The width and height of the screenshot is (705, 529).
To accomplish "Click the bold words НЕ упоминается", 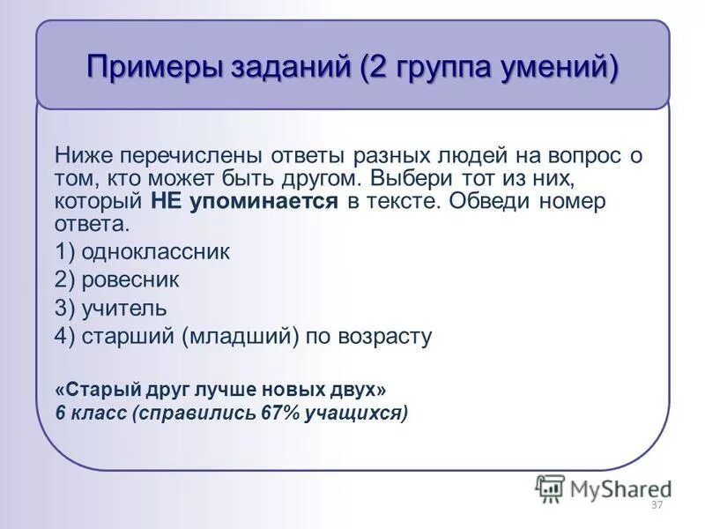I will [244, 201].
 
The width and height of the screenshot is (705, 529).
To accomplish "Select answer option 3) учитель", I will [110, 309].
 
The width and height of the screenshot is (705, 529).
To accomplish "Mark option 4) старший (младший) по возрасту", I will [242, 337].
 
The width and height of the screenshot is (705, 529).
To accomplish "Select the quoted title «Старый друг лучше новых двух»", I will [219, 389].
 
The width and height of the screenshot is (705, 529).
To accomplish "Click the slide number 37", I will [656, 505].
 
